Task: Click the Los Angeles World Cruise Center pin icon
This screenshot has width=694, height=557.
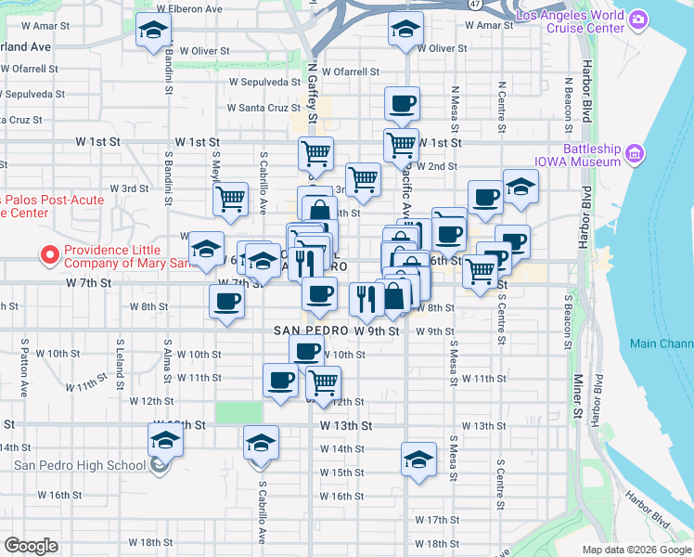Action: pyautogui.click(x=637, y=19)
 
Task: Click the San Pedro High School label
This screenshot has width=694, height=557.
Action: pyautogui.click(x=79, y=465)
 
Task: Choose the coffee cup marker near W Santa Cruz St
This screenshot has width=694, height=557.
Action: pyautogui.click(x=402, y=103)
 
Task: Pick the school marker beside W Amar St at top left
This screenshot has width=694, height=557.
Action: pyautogui.click(x=153, y=31)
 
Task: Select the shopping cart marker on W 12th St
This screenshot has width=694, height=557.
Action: pyautogui.click(x=322, y=382)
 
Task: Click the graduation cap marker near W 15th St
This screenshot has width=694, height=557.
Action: pyautogui.click(x=418, y=459)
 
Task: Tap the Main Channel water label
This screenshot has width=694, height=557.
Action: pyautogui.click(x=661, y=343)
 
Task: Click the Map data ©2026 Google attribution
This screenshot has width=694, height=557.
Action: pyautogui.click(x=636, y=550)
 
